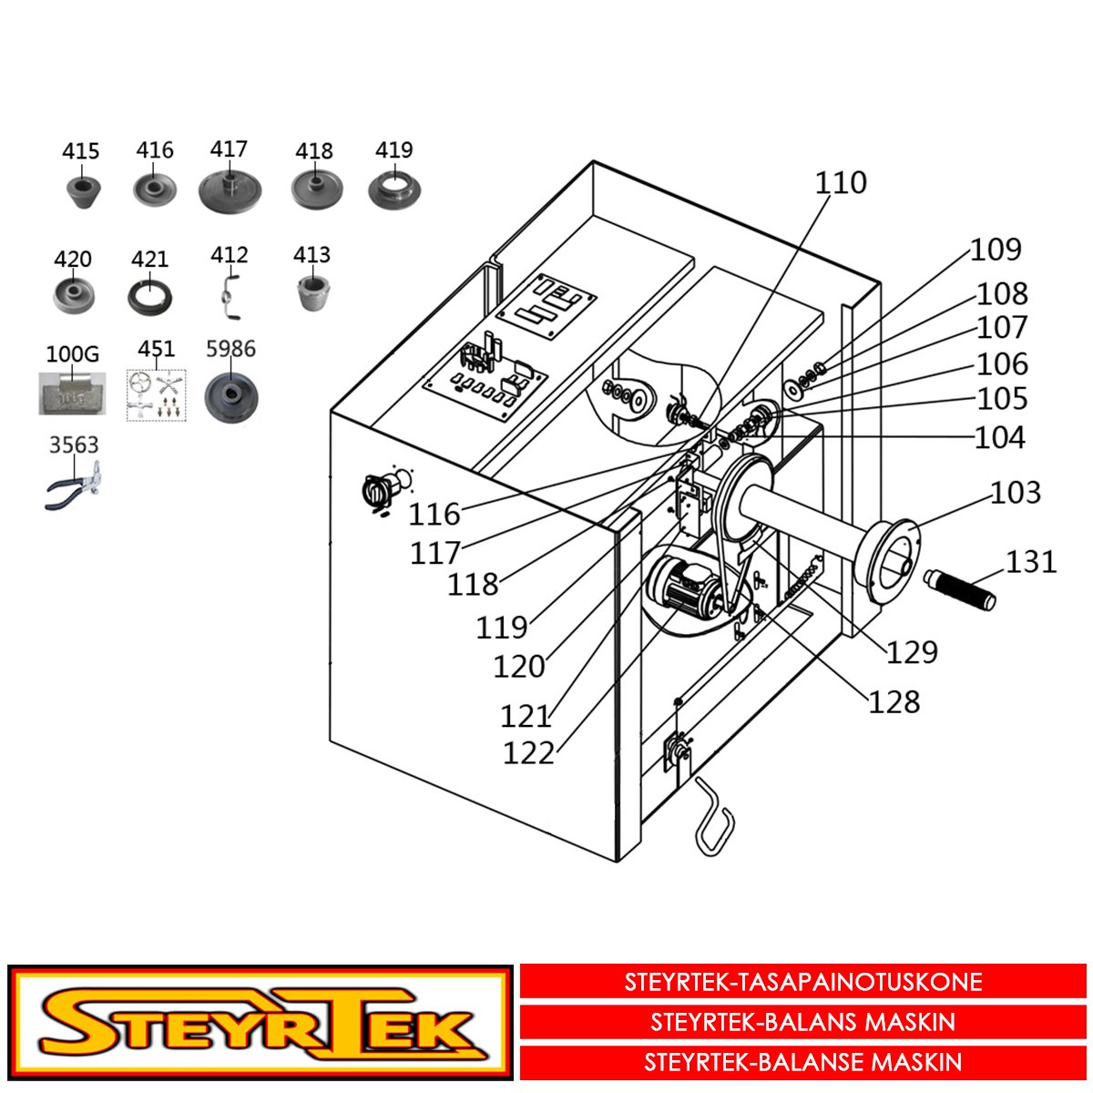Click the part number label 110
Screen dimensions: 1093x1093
click(x=841, y=183)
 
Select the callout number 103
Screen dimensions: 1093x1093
click(x=1016, y=493)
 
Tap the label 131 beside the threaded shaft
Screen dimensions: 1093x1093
click(x=1031, y=562)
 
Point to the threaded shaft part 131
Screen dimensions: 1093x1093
click(x=959, y=590)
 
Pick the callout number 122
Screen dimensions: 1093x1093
click(x=528, y=753)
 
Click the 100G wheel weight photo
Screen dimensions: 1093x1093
click(x=72, y=393)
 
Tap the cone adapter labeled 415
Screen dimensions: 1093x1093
click(x=84, y=191)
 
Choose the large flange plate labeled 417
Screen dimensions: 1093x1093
click(x=230, y=190)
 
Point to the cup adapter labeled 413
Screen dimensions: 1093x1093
click(x=313, y=292)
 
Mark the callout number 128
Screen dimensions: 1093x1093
click(x=894, y=702)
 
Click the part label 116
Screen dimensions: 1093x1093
click(x=434, y=515)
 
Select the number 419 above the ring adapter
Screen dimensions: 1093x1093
click(x=394, y=149)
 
